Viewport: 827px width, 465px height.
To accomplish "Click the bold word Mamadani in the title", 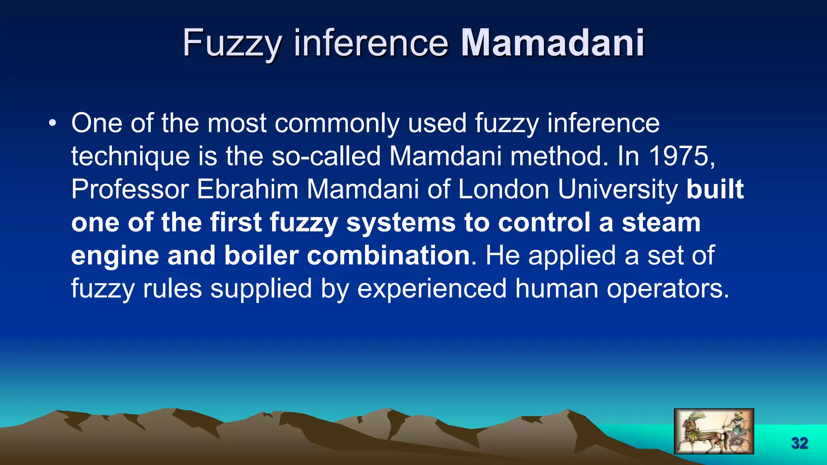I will point(552,43).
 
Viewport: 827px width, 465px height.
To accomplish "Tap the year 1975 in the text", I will point(681,156).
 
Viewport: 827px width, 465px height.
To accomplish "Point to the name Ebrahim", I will point(248,189).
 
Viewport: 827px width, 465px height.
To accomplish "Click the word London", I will point(503,189).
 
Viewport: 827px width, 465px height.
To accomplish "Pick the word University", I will point(618,190).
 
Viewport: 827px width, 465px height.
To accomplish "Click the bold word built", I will point(715,189).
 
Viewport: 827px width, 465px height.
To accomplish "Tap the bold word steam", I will point(661,222).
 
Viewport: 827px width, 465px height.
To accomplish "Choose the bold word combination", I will point(388,256).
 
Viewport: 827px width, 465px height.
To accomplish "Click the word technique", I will point(130,157).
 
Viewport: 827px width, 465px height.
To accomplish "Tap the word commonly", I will point(337,124).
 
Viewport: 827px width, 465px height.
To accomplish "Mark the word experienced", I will point(432,289).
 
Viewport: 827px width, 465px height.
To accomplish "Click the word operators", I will point(668,289).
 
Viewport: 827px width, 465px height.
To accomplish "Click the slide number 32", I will point(800,443).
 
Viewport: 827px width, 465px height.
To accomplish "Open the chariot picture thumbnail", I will point(714,431).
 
